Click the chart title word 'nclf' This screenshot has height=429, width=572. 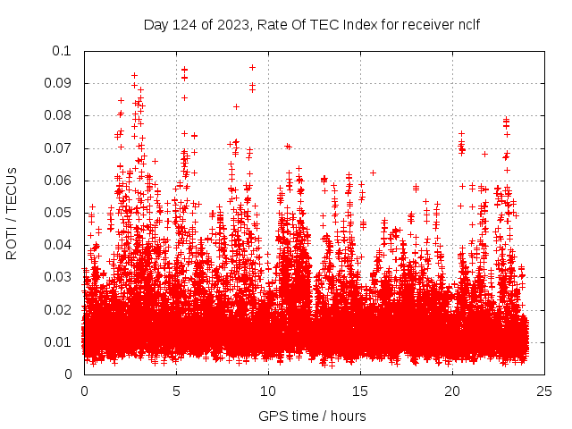467,24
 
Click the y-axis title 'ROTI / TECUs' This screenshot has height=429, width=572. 13,213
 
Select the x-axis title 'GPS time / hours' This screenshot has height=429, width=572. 312,416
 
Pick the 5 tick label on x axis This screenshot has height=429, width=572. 176,391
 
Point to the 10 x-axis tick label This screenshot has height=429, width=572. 268,391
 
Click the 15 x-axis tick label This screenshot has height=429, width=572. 360,391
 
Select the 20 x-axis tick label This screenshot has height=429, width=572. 452,391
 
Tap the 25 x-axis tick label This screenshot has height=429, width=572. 544,391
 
